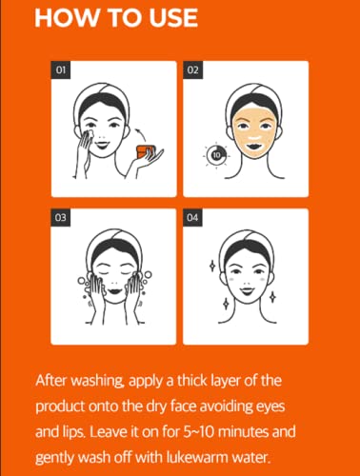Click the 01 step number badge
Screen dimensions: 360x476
click(x=61, y=69)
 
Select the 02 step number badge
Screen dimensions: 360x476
click(x=192, y=69)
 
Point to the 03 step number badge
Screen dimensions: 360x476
click(x=61, y=217)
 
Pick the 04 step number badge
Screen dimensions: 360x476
click(x=192, y=217)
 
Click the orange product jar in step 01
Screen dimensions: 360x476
click(x=145, y=152)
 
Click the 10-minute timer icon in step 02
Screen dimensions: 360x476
click(x=216, y=155)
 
